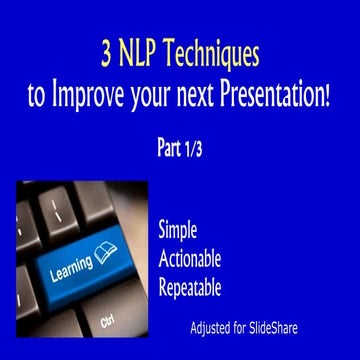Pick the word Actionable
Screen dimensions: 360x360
point(190,259)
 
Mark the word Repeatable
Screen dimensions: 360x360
point(189,288)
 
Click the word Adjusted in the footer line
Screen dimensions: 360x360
point(213,328)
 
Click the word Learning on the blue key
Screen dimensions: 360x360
point(71,264)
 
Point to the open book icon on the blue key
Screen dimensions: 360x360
point(105,251)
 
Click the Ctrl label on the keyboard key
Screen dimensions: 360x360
point(108,322)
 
